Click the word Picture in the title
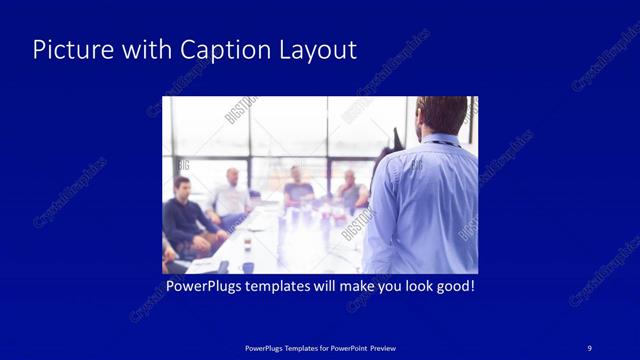click(x=67, y=50)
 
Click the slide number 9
click(x=590, y=347)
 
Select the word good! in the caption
click(x=453, y=286)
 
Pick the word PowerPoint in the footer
click(x=342, y=347)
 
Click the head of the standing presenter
click(x=440, y=116)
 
